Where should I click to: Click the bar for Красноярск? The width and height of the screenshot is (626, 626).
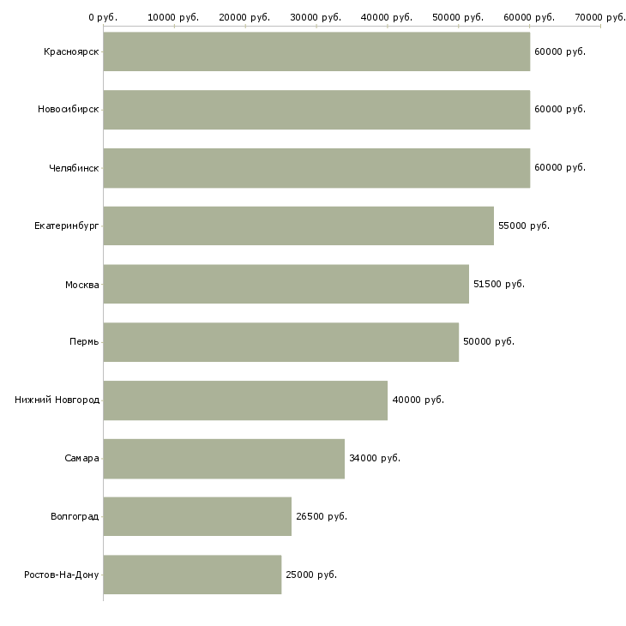pyautogui.click(x=316, y=51)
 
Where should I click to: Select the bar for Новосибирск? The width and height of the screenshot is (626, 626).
pyautogui.click(x=316, y=110)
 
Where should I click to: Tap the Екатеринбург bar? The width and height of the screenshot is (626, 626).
pyautogui.click(x=298, y=226)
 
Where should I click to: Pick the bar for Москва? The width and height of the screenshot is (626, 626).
pyautogui.click(x=286, y=284)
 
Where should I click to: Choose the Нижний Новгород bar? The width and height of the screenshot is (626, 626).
pyautogui.click(x=245, y=400)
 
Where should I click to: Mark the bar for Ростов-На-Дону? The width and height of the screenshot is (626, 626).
pyautogui.click(x=192, y=575)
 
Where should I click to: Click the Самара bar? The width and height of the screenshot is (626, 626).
pyautogui.click(x=224, y=458)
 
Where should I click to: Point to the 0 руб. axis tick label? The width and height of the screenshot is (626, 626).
pyautogui.click(x=103, y=17)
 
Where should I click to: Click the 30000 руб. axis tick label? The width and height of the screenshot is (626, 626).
pyautogui.click(x=316, y=17)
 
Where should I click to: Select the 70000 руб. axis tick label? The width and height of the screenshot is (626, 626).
pyautogui.click(x=600, y=17)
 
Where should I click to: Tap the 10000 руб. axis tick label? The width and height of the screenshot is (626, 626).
pyautogui.click(x=174, y=17)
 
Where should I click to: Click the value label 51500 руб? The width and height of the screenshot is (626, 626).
pyautogui.click(x=499, y=284)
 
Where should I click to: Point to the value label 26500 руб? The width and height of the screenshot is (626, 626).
pyautogui.click(x=322, y=516)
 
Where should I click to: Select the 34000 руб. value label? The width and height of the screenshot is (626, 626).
pyautogui.click(x=375, y=458)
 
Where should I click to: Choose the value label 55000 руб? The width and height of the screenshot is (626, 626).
pyautogui.click(x=524, y=226)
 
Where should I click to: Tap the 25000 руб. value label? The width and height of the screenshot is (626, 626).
pyautogui.click(x=311, y=575)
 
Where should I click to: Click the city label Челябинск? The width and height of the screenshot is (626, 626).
pyautogui.click(x=74, y=168)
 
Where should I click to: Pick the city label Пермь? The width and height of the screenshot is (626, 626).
pyautogui.click(x=84, y=342)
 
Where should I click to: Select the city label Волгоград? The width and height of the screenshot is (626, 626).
pyautogui.click(x=75, y=516)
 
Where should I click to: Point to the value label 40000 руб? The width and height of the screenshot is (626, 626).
pyautogui.click(x=418, y=400)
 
